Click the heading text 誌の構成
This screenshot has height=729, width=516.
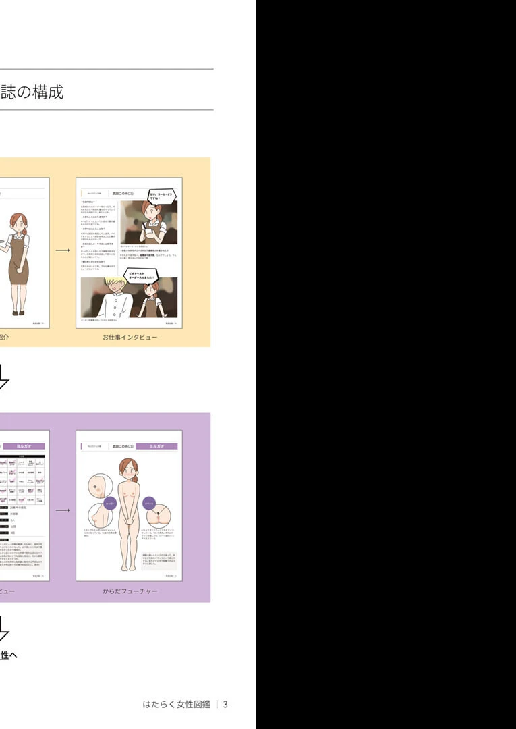click(32, 92)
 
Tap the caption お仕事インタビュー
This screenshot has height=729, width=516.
click(130, 337)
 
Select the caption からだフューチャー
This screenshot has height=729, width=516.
click(130, 591)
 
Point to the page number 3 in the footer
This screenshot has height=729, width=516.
click(225, 704)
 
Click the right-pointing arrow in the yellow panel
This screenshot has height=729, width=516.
click(63, 250)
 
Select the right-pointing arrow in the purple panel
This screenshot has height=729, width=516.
click(63, 510)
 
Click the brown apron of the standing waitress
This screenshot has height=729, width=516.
click(18, 263)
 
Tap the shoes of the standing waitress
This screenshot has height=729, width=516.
click(17, 311)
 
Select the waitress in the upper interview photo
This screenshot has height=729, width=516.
click(152, 223)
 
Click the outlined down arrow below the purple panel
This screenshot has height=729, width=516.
click(3, 628)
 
